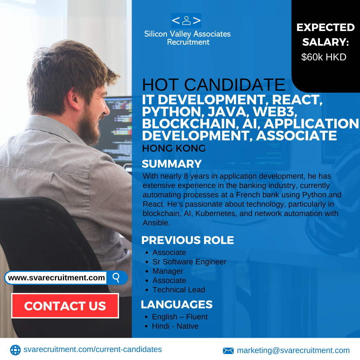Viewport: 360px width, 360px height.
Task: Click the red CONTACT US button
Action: pyautogui.click(x=65, y=306)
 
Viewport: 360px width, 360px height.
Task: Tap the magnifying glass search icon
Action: pyautogui.click(x=116, y=278)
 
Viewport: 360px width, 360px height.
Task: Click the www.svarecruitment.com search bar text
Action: pyautogui.click(x=56, y=278)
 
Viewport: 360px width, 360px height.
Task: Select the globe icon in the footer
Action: pyautogui.click(x=15, y=350)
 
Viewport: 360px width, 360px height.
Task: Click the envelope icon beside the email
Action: pyautogui.click(x=228, y=351)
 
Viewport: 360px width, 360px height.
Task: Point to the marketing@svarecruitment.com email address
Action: pyautogui.click(x=293, y=350)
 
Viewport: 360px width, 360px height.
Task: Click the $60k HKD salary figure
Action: pyautogui.click(x=324, y=57)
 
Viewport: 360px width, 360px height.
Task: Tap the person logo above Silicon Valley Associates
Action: pyautogui.click(x=186, y=21)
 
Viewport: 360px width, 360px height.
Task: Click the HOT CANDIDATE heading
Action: pyautogui.click(x=214, y=85)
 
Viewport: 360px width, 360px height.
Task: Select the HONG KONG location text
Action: pyautogui.click(x=174, y=148)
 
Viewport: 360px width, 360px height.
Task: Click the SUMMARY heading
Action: pyautogui.click(x=172, y=164)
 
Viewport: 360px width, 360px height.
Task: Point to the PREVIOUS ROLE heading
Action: pyautogui.click(x=188, y=240)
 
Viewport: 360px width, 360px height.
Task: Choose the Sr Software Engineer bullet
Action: pyautogui.click(x=189, y=262)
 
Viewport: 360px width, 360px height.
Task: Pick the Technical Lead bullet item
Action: pyautogui.click(x=179, y=290)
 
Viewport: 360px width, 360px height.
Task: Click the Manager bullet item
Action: pyautogui.click(x=168, y=271)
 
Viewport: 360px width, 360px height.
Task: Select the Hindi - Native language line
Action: pyautogui.click(x=175, y=326)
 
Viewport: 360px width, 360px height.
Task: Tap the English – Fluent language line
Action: pyautogui.click(x=180, y=317)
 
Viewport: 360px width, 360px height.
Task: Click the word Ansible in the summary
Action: pyautogui.click(x=156, y=223)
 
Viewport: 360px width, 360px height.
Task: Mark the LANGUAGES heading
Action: pyautogui.click(x=177, y=304)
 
